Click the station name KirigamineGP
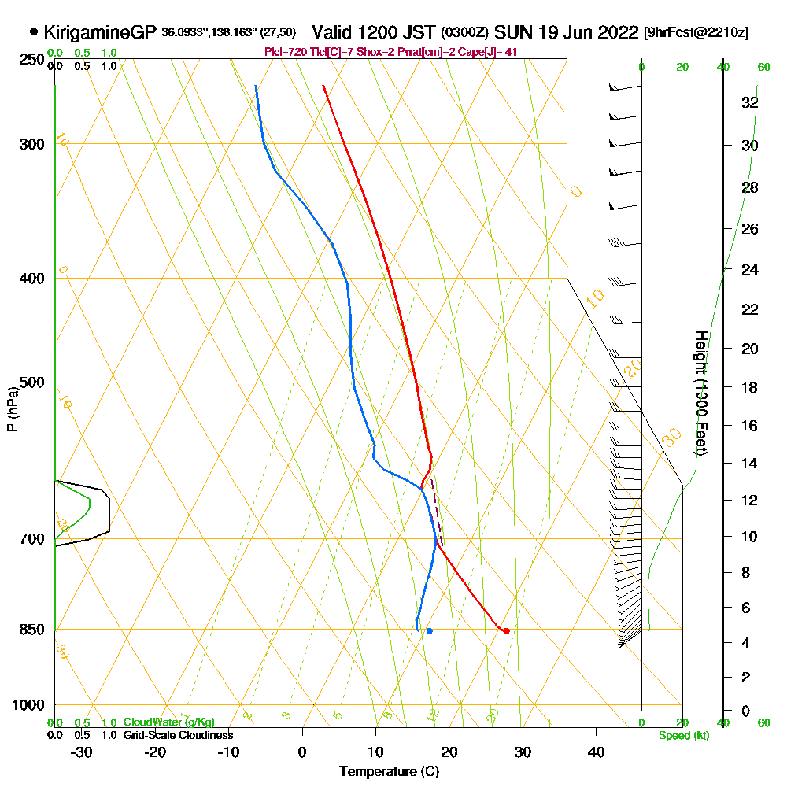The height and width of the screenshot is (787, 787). [x=101, y=32]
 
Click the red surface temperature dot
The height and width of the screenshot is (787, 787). [x=507, y=630]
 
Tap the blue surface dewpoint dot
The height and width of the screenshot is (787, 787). [x=429, y=630]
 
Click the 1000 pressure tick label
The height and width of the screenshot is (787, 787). [x=29, y=705]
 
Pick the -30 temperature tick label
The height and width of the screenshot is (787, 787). [x=82, y=751]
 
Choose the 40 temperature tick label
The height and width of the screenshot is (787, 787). [x=596, y=751]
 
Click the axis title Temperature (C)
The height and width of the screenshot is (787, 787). [x=389, y=771]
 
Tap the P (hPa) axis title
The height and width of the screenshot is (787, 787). [x=12, y=409]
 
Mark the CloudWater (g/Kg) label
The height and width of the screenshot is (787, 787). [x=168, y=722]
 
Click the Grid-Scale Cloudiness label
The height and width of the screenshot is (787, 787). [x=177, y=735]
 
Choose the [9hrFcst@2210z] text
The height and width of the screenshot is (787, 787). [x=696, y=33]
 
